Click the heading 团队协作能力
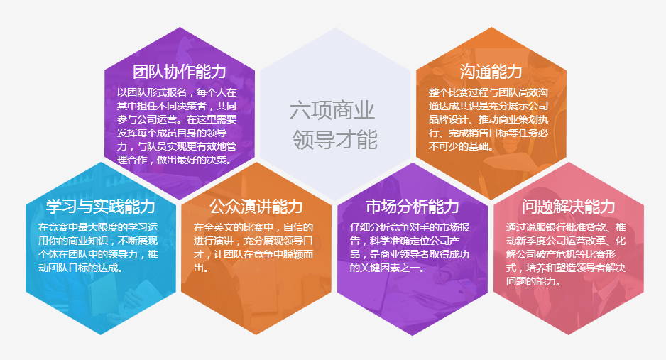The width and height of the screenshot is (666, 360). (x=179, y=72)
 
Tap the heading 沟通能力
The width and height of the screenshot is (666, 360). (x=491, y=72)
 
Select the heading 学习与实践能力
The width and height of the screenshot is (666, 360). (x=101, y=207)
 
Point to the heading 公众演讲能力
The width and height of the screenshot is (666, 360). (x=256, y=207)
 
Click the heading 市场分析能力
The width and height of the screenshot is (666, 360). (x=413, y=207)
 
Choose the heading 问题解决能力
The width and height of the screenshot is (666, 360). (x=568, y=207)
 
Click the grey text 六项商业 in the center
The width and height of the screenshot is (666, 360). (x=332, y=110)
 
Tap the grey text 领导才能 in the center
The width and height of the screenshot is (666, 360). (x=334, y=140)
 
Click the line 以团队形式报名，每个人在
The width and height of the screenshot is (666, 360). (x=177, y=92)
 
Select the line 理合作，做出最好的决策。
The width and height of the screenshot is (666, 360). (x=175, y=160)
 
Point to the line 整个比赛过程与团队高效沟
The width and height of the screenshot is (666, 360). (x=488, y=92)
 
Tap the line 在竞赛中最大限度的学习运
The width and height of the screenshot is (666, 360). (x=98, y=227)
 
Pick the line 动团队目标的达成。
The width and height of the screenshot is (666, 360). (x=81, y=268)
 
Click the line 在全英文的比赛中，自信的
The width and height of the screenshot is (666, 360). (x=253, y=227)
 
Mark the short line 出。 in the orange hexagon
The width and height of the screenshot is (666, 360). (x=202, y=268)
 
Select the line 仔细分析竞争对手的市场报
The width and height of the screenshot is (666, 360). (x=410, y=227)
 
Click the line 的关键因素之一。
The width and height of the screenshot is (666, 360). (x=388, y=268)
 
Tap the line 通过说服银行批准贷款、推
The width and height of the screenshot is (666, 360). (x=566, y=227)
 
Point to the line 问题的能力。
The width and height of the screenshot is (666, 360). (x=533, y=281)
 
